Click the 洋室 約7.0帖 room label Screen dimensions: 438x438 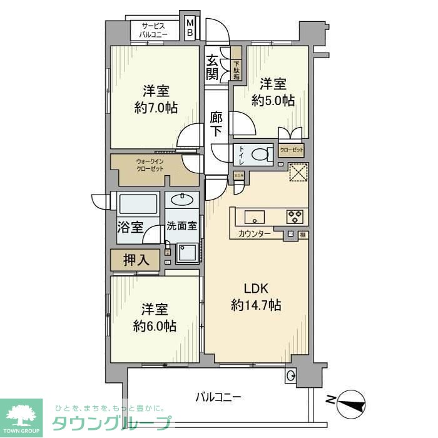(155, 99)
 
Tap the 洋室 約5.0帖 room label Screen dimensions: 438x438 (273, 91)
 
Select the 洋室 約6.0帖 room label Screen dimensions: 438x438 (154, 317)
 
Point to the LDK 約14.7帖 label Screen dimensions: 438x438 (255, 297)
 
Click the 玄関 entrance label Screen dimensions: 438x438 (212, 68)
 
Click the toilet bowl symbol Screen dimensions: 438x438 (259, 155)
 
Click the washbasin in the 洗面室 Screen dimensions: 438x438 (183, 200)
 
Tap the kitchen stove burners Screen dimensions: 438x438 (294, 216)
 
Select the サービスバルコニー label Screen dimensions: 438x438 (153, 30)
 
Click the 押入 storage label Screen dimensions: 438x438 (136, 260)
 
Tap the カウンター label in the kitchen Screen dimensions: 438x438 (255, 233)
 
